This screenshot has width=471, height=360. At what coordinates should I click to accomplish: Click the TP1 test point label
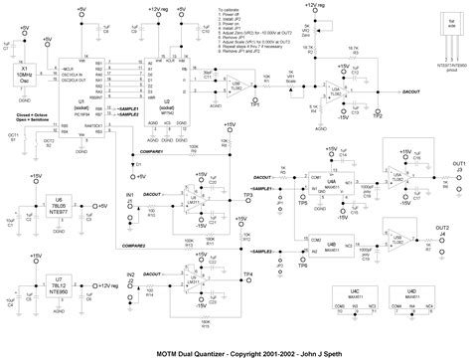point(256,102)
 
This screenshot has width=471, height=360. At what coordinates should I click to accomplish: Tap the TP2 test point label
point(377,114)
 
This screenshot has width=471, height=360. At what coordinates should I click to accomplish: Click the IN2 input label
point(130,272)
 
